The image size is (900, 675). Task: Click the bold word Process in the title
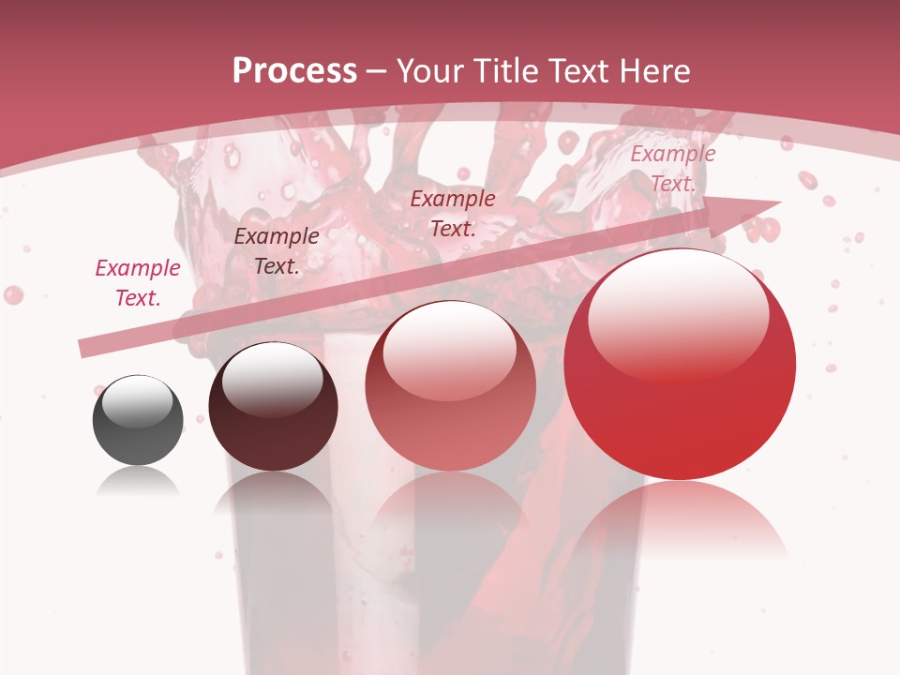click(x=294, y=71)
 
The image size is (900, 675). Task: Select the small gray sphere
click(x=138, y=420)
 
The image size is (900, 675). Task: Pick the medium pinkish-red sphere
click(x=450, y=385)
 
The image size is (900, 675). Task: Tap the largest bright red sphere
click(x=680, y=366)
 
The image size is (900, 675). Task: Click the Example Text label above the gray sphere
click(x=138, y=283)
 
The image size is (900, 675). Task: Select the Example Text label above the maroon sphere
click(x=276, y=251)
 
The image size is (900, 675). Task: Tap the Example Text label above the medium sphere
click(x=453, y=213)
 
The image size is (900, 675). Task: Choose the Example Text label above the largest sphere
click(x=672, y=169)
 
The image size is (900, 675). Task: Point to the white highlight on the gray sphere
click(x=138, y=400)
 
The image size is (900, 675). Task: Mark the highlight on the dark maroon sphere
click(x=272, y=379)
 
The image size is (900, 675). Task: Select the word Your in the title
click(x=429, y=71)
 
